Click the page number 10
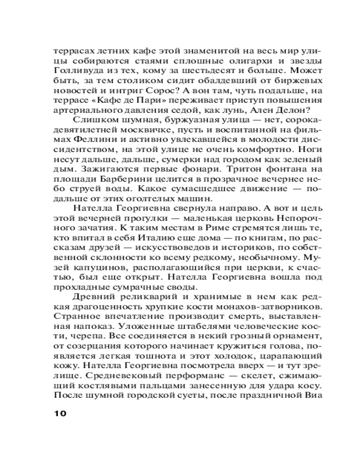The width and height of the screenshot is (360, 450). click(59, 413)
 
